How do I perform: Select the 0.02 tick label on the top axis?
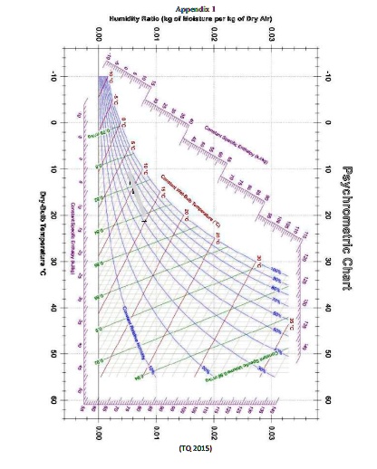click(x=215, y=34)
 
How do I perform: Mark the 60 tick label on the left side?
click(x=80, y=400)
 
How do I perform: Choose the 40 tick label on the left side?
click(x=80, y=308)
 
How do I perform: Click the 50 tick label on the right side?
click(x=327, y=354)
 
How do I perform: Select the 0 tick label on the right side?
click(x=327, y=123)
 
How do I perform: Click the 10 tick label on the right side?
click(x=327, y=169)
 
